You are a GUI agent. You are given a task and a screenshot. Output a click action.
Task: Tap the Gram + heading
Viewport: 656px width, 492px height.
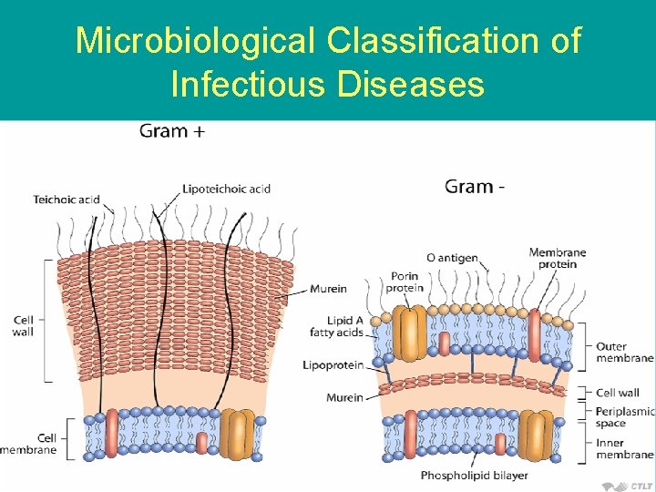[x=172, y=131]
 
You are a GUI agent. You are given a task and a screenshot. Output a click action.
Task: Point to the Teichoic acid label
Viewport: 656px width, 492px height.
[x=67, y=200]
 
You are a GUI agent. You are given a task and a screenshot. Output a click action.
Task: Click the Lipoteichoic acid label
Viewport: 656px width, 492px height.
[x=226, y=189]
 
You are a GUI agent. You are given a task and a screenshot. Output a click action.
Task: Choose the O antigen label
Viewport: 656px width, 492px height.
[x=452, y=258]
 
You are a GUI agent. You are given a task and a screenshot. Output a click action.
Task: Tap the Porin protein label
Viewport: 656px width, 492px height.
[x=405, y=282]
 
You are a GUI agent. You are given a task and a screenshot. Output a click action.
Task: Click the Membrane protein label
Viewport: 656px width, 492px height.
[x=557, y=258]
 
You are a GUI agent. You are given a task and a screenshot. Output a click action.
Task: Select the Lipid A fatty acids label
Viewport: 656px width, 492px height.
[x=336, y=326]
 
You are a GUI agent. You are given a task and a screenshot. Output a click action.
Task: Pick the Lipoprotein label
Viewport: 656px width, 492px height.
[x=333, y=365]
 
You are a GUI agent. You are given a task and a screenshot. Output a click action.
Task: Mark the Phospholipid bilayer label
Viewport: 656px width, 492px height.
[x=474, y=476]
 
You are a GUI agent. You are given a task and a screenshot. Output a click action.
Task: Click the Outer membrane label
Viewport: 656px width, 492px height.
[x=624, y=352]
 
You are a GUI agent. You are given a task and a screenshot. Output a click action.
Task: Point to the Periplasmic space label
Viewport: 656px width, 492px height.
[x=624, y=417]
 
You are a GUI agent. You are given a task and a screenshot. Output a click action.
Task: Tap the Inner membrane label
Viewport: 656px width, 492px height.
[x=624, y=448]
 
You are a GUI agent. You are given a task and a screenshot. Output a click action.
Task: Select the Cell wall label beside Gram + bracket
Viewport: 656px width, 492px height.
[x=24, y=325]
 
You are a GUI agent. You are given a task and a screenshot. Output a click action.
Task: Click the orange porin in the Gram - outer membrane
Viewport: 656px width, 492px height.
[x=410, y=333]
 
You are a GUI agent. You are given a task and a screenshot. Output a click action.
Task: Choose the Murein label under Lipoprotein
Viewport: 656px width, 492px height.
[x=344, y=397]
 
